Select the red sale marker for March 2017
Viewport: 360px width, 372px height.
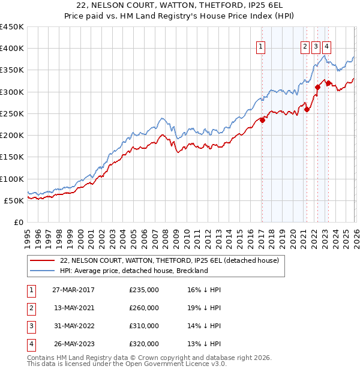tap(262, 120)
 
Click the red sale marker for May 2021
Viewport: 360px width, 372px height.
tap(307, 109)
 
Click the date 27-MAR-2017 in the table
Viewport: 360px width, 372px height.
tap(73, 290)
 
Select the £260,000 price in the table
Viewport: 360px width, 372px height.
tap(144, 308)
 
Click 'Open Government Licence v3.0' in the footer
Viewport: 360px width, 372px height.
tap(170, 364)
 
